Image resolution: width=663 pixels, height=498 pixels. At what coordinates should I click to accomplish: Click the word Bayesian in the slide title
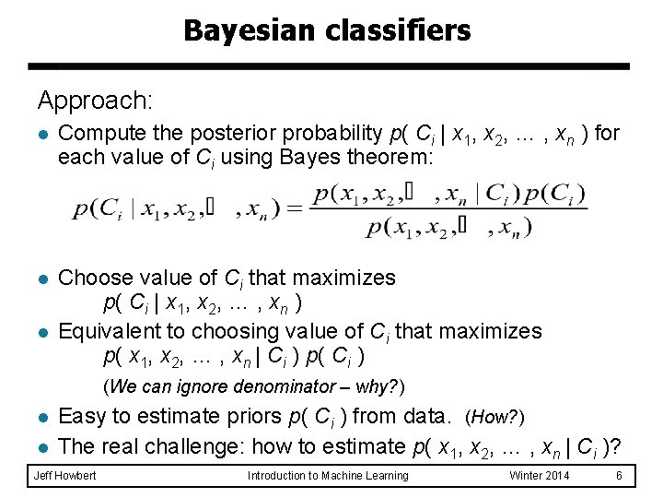tap(236, 30)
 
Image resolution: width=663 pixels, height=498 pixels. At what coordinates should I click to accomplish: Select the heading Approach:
tap(95, 100)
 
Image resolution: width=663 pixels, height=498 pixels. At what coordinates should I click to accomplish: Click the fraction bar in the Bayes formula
tap(448, 210)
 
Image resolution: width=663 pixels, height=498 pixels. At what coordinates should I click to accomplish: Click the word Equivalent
tap(109, 330)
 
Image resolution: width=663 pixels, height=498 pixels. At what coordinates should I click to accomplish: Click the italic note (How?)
tap(495, 418)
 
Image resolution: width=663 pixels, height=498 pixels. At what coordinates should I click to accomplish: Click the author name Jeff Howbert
tap(64, 476)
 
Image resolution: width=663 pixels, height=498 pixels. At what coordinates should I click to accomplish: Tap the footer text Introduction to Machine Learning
tap(328, 476)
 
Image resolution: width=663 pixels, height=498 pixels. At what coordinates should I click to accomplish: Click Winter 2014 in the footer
tap(541, 476)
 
